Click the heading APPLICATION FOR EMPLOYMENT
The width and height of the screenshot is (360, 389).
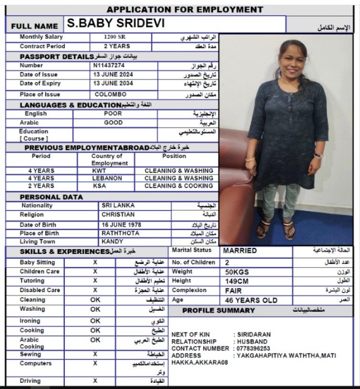[x=185, y=9]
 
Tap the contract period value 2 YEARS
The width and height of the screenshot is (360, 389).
[x=116, y=46]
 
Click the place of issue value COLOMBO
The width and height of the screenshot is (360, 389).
[x=111, y=95]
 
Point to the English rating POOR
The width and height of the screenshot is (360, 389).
[x=113, y=114]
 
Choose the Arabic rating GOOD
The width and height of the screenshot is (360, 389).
[x=113, y=123]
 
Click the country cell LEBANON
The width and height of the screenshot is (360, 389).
[x=107, y=178]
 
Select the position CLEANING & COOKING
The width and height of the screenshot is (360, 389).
[x=179, y=186]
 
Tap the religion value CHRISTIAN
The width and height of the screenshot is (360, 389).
[x=118, y=215]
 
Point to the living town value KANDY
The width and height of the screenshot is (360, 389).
[x=112, y=242]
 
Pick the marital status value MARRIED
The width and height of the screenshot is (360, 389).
[x=240, y=251]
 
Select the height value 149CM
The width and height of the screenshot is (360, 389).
[x=237, y=281]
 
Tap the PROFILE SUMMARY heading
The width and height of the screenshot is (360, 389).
[x=218, y=310]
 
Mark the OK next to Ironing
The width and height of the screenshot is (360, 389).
[x=95, y=321]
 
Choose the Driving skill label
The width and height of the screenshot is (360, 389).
[x=30, y=381]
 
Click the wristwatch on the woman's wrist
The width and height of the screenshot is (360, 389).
[x=318, y=156]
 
